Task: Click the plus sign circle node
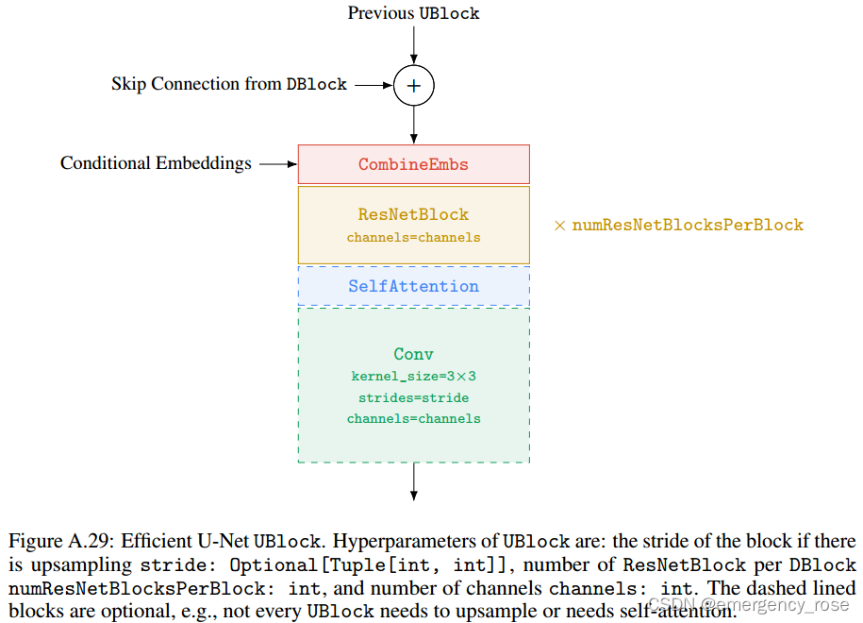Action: tap(413, 85)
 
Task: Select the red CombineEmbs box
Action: tap(413, 164)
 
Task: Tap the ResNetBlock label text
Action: tap(413, 214)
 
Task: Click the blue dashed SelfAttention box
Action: tap(413, 286)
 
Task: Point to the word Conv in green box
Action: tap(413, 354)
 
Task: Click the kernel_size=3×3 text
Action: tap(413, 377)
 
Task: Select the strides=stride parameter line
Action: tap(413, 397)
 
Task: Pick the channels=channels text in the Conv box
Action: tap(413, 418)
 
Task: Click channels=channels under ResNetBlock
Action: tap(413, 237)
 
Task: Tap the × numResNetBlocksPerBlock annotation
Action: tap(678, 225)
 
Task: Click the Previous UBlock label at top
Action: tap(413, 13)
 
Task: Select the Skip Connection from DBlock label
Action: tap(229, 84)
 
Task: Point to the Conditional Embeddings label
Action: tap(156, 163)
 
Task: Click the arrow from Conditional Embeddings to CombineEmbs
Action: tap(278, 164)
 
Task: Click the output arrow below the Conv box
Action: tap(413, 481)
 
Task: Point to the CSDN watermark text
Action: tap(749, 605)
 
